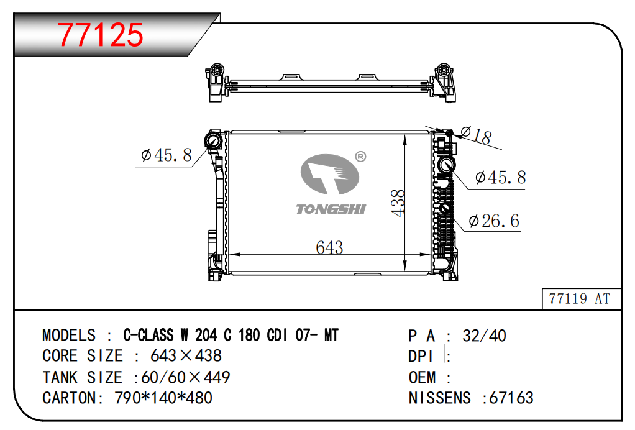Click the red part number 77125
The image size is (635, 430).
tap(101, 35)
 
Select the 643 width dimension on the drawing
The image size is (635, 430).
tap(329, 247)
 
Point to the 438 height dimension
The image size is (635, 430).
tap(398, 203)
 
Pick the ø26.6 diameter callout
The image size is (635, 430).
tap(494, 221)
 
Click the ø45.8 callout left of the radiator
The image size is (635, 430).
tap(167, 155)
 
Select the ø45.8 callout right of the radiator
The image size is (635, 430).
tap(501, 177)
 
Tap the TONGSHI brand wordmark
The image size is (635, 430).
tap(331, 209)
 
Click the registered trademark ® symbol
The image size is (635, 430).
tap(360, 157)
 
